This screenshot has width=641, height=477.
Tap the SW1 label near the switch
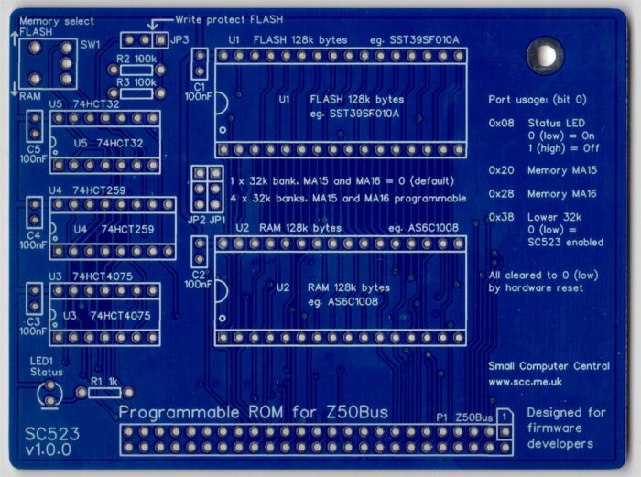90,44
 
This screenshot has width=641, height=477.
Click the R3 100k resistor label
136,82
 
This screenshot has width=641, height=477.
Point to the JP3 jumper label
179,39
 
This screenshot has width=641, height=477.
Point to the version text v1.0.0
51,451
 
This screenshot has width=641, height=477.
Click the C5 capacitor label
33,147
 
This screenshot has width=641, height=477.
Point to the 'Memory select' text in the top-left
56,20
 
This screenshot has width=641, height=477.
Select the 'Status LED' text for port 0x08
558,121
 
